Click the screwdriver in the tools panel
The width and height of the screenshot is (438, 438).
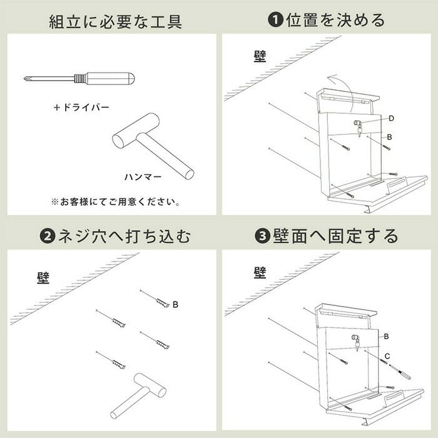[x=79, y=78]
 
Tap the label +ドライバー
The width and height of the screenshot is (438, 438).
[x=81, y=107]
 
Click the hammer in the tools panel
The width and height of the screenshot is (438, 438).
[x=153, y=146]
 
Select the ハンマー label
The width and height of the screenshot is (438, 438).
[x=143, y=177]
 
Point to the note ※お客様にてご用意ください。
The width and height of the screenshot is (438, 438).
[x=115, y=201]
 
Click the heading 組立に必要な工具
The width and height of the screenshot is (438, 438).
[x=116, y=21]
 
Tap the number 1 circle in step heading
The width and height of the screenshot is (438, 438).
[x=275, y=20]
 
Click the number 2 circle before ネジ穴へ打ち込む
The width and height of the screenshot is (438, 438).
[x=48, y=236]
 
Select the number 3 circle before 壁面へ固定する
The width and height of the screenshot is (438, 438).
[x=262, y=236]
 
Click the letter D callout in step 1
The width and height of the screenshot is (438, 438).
[x=391, y=118]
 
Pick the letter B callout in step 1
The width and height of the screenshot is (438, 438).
[x=389, y=137]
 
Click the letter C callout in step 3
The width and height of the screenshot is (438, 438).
[x=387, y=356]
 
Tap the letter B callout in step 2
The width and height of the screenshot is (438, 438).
[x=175, y=304]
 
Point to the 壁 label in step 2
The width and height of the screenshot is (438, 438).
[x=43, y=278]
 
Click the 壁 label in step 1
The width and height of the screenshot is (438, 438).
[x=260, y=56]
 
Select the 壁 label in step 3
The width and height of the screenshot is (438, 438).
[x=260, y=273]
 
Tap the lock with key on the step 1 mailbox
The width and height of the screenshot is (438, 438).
[x=359, y=128]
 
